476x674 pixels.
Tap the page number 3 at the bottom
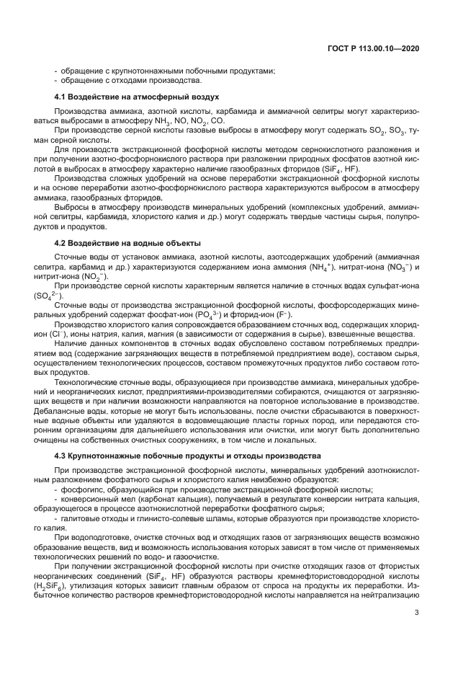tap(417, 613)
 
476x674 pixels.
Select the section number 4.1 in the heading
tap(61, 97)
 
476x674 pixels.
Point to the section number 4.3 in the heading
tap(61, 456)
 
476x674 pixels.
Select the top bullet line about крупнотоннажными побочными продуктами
tap(165, 71)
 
